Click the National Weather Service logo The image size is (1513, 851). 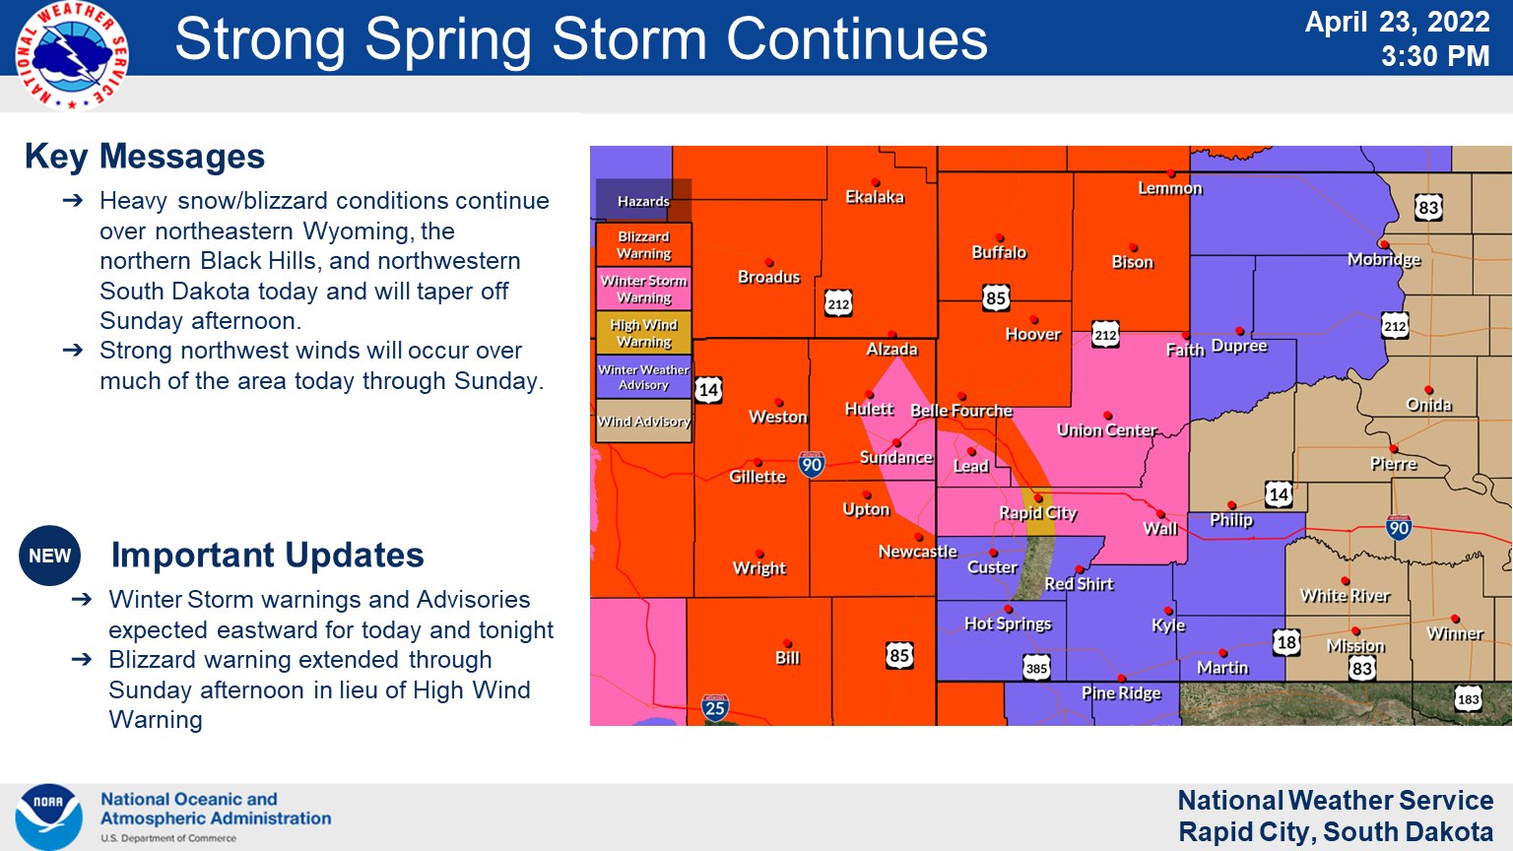tap(71, 55)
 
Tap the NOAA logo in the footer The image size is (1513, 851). tap(48, 817)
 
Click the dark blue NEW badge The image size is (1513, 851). tap(49, 556)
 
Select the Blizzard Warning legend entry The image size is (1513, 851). tap(643, 244)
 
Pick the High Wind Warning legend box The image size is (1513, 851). tap(643, 333)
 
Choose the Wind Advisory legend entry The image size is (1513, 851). tap(643, 422)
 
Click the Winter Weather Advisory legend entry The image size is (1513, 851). tap(643, 377)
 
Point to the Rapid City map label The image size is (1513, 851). tap(1037, 512)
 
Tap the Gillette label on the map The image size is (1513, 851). tap(756, 477)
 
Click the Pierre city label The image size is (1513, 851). tap(1393, 463)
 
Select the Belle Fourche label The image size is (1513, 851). tap(960, 411)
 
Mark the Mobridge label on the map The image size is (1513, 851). tap(1384, 259)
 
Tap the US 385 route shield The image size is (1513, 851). tap(1036, 668)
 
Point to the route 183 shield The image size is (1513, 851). tap(1468, 699)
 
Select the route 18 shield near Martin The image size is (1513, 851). tap(1286, 643)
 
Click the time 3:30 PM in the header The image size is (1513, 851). tap(1434, 56)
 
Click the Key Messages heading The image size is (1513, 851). tap(145, 157)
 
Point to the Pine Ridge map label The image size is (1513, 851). tap(1121, 692)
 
